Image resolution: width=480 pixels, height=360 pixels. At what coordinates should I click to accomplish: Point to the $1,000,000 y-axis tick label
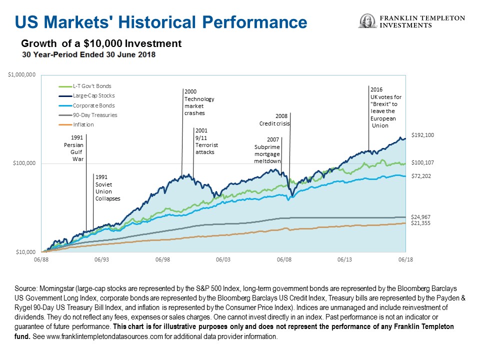tap(21, 75)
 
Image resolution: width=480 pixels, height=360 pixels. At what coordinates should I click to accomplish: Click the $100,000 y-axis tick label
tap(23, 163)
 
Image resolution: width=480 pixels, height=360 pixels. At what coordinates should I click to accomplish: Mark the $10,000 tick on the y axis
tap(24, 252)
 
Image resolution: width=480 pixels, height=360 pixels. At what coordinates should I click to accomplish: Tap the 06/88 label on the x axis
tap(41, 260)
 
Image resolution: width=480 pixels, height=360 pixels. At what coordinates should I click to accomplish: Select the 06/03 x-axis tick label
tap(223, 260)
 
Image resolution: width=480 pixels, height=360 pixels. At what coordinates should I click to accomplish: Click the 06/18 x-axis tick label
tap(405, 260)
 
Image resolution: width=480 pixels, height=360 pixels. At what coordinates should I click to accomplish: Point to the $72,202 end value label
tap(421, 176)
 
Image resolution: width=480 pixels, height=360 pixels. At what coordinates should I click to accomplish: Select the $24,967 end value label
tap(421, 217)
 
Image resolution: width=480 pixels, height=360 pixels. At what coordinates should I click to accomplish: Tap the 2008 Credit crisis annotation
tap(275, 119)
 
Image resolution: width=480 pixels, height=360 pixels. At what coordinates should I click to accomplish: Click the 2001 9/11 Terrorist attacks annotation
tap(206, 141)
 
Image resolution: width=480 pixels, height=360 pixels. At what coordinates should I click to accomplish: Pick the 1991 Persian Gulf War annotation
tap(71, 147)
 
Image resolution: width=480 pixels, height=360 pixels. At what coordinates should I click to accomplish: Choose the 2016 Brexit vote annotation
tap(385, 107)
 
